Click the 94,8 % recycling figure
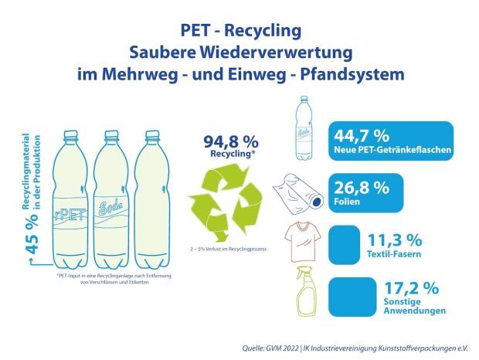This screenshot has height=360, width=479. (x=229, y=141)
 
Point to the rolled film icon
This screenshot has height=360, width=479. (x=301, y=188)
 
